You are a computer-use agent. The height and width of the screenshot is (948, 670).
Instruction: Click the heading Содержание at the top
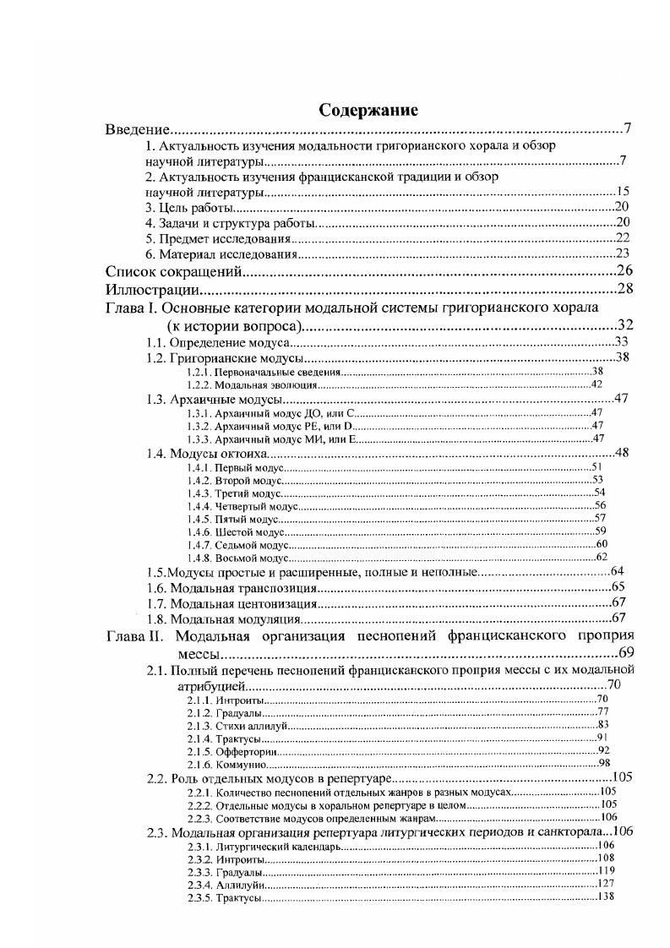368,111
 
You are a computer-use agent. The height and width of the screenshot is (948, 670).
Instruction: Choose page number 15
623,192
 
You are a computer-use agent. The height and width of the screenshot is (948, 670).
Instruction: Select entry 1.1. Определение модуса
217,342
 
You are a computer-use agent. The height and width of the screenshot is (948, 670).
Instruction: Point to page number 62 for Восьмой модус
602,557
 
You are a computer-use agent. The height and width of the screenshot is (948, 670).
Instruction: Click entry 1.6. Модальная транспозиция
231,588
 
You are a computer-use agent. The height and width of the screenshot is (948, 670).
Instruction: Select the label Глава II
134,636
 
